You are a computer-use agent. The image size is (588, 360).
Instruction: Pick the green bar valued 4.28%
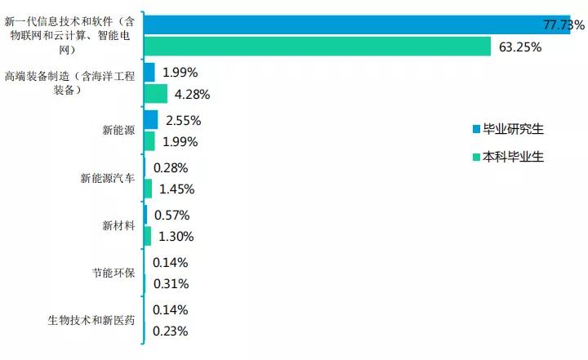(155, 94)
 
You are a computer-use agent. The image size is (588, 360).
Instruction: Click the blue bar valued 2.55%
(150, 120)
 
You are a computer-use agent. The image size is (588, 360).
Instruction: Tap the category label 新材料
(118, 225)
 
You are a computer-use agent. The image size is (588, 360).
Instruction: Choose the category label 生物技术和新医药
(91, 320)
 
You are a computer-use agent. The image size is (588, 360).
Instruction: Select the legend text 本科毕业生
(513, 157)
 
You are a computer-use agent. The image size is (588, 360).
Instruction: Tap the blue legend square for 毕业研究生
(476, 129)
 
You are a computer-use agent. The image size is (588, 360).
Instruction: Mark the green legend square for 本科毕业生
(476, 157)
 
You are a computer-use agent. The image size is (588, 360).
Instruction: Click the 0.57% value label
(171, 216)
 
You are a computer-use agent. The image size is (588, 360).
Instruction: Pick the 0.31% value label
(171, 284)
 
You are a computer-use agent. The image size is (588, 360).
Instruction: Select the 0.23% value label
(171, 331)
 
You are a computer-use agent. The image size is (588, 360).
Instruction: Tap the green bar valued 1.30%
(147, 236)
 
